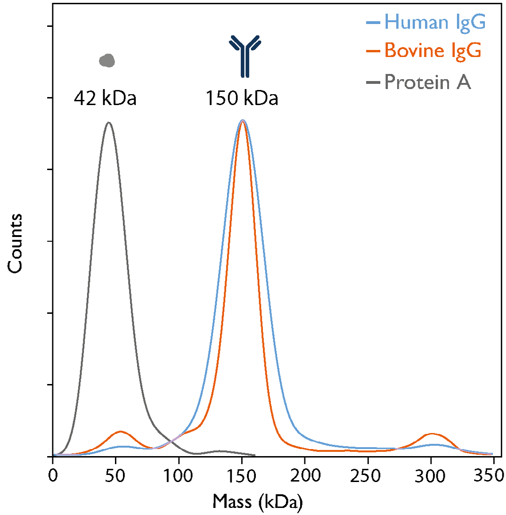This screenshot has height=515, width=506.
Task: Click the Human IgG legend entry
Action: (x=426, y=22)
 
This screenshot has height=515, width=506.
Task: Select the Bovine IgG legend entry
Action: (x=426, y=50)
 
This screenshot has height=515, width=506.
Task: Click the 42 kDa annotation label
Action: (x=105, y=99)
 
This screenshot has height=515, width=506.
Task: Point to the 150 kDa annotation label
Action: (x=242, y=99)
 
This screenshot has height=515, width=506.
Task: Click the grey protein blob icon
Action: (x=107, y=60)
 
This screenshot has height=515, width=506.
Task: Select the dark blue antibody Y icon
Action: (x=245, y=56)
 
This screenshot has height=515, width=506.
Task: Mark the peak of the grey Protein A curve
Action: (x=109, y=123)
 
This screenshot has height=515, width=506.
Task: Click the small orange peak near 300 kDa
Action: (x=431, y=433)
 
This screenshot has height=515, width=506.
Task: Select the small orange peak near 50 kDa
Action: (x=121, y=431)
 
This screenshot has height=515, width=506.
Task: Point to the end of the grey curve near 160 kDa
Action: (x=255, y=456)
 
